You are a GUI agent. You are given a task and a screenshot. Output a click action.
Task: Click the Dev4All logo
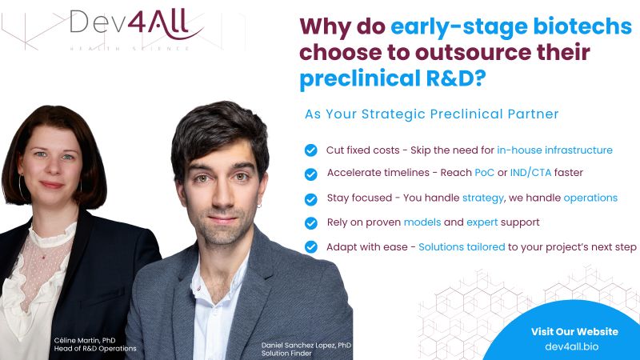coord(136,26)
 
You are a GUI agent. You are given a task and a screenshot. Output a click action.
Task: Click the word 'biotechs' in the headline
coord(582,26)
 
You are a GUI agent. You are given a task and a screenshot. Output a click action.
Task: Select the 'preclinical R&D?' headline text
coord(393,78)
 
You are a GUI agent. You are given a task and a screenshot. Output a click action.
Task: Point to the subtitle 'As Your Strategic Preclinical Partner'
coord(431,114)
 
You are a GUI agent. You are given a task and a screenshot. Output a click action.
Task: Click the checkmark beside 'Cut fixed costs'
coord(311,150)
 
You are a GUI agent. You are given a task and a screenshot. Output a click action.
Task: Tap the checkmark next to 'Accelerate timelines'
coord(311,174)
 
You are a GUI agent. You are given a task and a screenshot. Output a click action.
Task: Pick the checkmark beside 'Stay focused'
coord(311,199)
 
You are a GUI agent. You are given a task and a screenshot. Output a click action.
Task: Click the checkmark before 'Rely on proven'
coord(311,223)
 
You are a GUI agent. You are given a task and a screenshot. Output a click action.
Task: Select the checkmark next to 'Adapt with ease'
coord(311,247)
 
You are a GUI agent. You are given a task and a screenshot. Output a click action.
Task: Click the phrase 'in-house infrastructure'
coord(554,150)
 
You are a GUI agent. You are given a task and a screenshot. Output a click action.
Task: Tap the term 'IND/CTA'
coord(530,173)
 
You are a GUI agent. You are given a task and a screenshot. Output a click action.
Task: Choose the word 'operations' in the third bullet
coord(590,198)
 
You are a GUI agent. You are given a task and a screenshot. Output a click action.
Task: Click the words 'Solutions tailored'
coord(462,247)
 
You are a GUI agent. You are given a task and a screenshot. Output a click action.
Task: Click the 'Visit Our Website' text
coord(574,331)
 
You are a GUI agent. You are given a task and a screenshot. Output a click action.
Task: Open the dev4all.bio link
coord(572,346)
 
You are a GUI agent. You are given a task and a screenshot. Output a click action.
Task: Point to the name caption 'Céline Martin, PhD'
coord(85,341)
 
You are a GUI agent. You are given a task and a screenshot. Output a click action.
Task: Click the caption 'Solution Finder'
coord(286,354)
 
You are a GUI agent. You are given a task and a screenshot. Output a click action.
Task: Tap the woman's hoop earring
coord(22,187)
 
